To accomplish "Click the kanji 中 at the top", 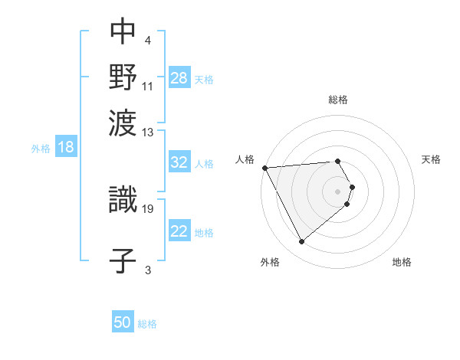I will click(123, 31).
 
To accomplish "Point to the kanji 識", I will click(123, 200).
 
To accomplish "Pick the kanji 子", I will click(123, 259).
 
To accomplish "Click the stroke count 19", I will click(148, 208).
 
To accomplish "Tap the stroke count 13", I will click(148, 133).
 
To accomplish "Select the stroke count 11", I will click(148, 87).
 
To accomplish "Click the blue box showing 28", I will click(179, 78).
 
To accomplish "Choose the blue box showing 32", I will click(179, 162).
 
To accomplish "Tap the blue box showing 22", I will click(179, 231).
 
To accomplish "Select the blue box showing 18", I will click(66, 148).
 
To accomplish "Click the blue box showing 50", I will click(123, 322).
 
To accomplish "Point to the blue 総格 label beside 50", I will click(147, 324).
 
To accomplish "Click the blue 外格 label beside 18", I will click(40, 149).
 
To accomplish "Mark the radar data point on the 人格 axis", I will click(264, 168).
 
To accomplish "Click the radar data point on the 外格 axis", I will click(301, 242).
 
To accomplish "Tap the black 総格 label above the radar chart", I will click(338, 100).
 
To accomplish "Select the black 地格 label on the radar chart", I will click(402, 263).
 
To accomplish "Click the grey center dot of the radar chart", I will click(338, 191).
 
